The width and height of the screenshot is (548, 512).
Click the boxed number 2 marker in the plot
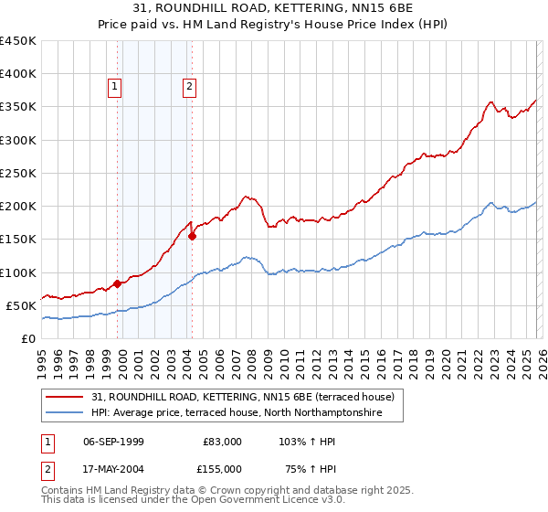click(x=189, y=87)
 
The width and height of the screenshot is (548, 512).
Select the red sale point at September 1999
click(x=117, y=283)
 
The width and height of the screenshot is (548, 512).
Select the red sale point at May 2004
click(x=193, y=236)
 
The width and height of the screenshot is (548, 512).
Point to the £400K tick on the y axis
click(x=18, y=74)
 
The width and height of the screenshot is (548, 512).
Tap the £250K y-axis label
click(x=18, y=173)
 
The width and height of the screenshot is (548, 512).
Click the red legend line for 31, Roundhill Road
click(x=66, y=397)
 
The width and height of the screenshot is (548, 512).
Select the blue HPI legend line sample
click(x=66, y=413)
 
